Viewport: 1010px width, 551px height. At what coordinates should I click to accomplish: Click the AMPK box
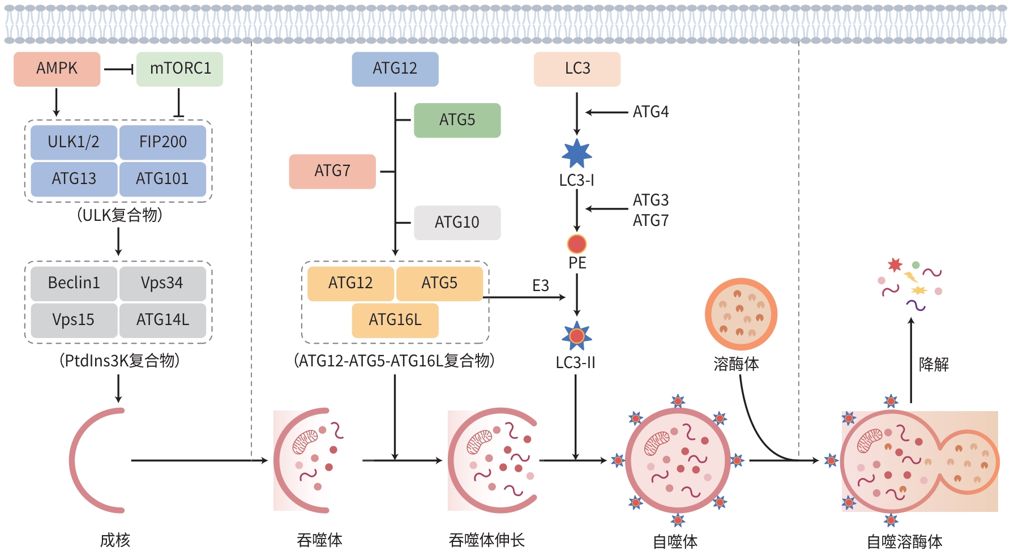tap(57, 69)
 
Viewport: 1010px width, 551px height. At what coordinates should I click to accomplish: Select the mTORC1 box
tap(179, 69)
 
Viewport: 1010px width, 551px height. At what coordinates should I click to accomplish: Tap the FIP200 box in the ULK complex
tap(162, 142)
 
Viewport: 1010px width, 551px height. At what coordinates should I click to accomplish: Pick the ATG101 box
tap(162, 179)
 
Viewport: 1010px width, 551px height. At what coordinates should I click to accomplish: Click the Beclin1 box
tap(74, 283)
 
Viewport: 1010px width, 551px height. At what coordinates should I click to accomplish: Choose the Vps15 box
tap(74, 320)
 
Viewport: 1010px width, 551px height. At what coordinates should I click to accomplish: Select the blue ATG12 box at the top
tap(395, 69)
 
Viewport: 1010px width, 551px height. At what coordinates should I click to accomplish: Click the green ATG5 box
tap(457, 120)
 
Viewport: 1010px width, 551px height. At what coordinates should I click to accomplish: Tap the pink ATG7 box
tap(332, 171)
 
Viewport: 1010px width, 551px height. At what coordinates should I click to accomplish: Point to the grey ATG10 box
tap(457, 223)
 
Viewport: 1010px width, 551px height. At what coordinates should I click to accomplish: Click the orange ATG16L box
tap(395, 320)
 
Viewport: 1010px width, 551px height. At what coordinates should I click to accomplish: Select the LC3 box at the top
tap(577, 69)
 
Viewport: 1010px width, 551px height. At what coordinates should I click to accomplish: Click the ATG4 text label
tap(650, 112)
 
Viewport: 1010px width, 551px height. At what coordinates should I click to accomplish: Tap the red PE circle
tap(577, 244)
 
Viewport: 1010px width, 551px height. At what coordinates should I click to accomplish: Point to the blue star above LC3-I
tap(577, 154)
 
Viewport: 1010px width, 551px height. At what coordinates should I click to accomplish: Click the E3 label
tap(541, 286)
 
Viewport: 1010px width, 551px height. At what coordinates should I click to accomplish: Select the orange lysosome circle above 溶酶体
tap(741, 314)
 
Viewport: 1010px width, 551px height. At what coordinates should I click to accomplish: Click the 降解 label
tap(934, 364)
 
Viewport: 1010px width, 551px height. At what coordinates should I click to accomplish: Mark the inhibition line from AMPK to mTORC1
tap(118, 69)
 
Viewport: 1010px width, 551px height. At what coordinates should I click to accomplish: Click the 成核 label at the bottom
tap(115, 540)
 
